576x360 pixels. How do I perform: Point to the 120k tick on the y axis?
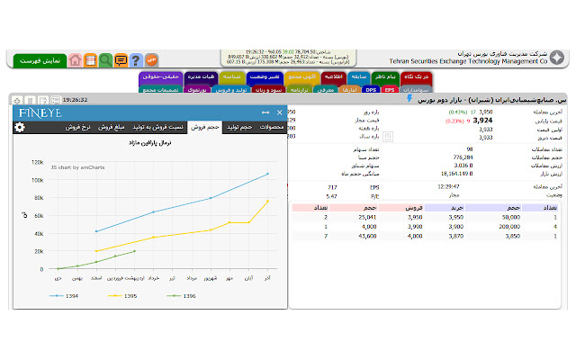click(37, 163)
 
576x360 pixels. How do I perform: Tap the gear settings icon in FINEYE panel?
click(20, 128)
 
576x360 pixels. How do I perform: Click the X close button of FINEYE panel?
click(280, 112)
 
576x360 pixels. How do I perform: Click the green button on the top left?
click(39, 60)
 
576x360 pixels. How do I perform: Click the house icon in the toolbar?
click(76, 60)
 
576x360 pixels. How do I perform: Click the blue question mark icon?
click(135, 60)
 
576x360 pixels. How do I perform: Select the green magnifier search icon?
click(105, 60)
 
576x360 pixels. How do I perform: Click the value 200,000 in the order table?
click(505, 226)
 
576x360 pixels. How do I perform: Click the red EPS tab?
click(390, 90)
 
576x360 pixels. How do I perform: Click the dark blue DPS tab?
click(371, 90)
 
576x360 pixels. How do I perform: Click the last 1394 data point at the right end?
click(267, 174)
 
